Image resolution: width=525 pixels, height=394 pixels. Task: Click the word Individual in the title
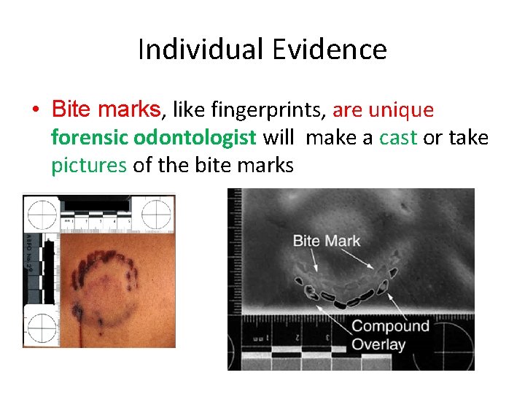[x=197, y=50]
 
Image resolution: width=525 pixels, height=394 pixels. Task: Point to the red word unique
[x=401, y=110]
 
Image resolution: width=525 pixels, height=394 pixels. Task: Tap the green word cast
[x=398, y=137]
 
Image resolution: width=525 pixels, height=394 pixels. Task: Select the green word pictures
[x=88, y=165]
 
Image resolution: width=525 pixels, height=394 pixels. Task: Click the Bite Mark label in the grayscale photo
[x=327, y=240]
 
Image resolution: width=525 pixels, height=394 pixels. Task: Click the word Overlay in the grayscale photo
[x=379, y=344]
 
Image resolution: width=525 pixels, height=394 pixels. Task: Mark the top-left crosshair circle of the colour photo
[x=42, y=214]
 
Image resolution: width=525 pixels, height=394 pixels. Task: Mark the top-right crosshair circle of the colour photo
[x=157, y=214]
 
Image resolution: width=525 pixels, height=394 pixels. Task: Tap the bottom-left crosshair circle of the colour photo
[x=42, y=324]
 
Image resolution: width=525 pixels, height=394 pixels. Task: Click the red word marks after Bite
[x=128, y=110]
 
